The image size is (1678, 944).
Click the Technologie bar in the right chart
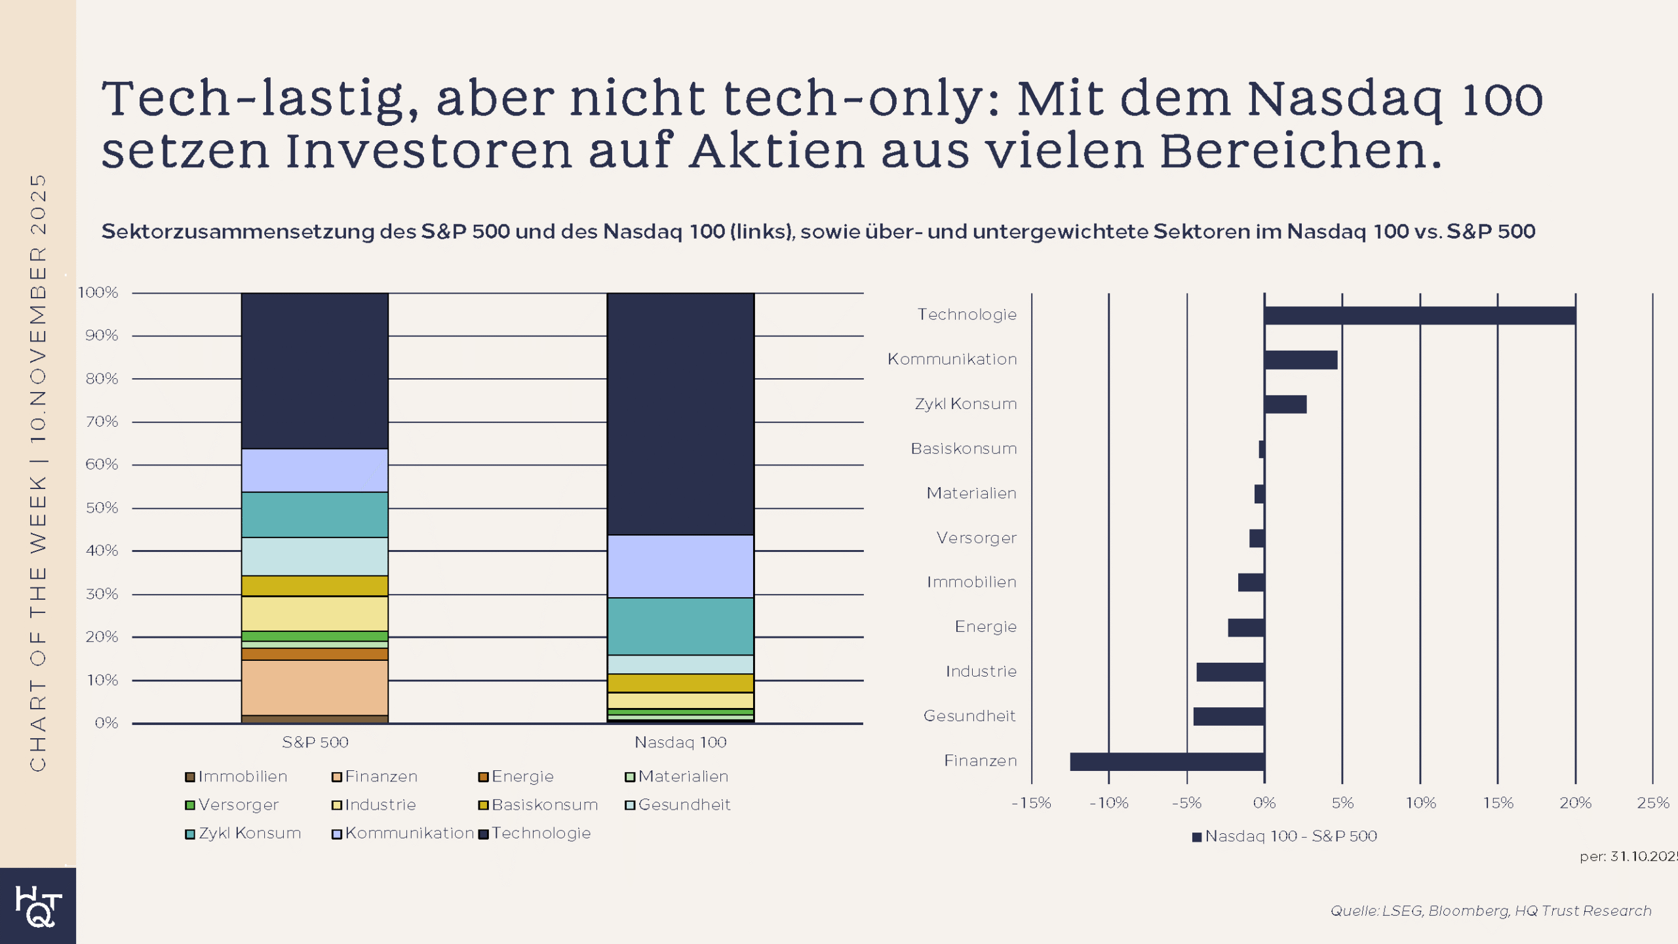[x=1419, y=315]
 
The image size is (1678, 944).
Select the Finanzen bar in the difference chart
[x=1167, y=761]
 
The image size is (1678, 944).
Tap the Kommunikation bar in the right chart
[x=1300, y=360]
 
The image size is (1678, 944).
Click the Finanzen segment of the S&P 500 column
[x=315, y=687]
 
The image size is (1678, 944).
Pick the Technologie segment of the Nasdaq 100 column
[x=680, y=413]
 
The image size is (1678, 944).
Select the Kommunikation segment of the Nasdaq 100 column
[x=680, y=566]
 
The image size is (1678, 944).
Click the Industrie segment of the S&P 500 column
[x=315, y=614]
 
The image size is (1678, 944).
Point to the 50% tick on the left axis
[x=102, y=508]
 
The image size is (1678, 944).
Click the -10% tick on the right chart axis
[x=1108, y=803]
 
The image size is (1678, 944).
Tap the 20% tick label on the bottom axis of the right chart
[x=1575, y=803]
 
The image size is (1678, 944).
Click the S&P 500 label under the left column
[x=315, y=742]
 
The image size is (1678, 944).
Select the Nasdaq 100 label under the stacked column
[x=680, y=742]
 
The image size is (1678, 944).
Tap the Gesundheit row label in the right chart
[x=969, y=716]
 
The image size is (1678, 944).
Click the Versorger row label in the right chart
[x=976, y=538]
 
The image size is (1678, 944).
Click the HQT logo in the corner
[x=38, y=907]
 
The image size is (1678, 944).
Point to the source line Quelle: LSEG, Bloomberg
[x=1491, y=911]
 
